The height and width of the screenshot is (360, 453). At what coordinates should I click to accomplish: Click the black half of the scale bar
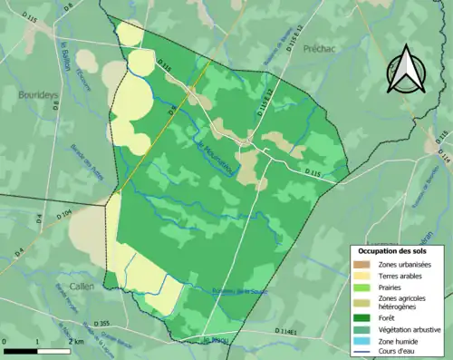coord(20,348)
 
